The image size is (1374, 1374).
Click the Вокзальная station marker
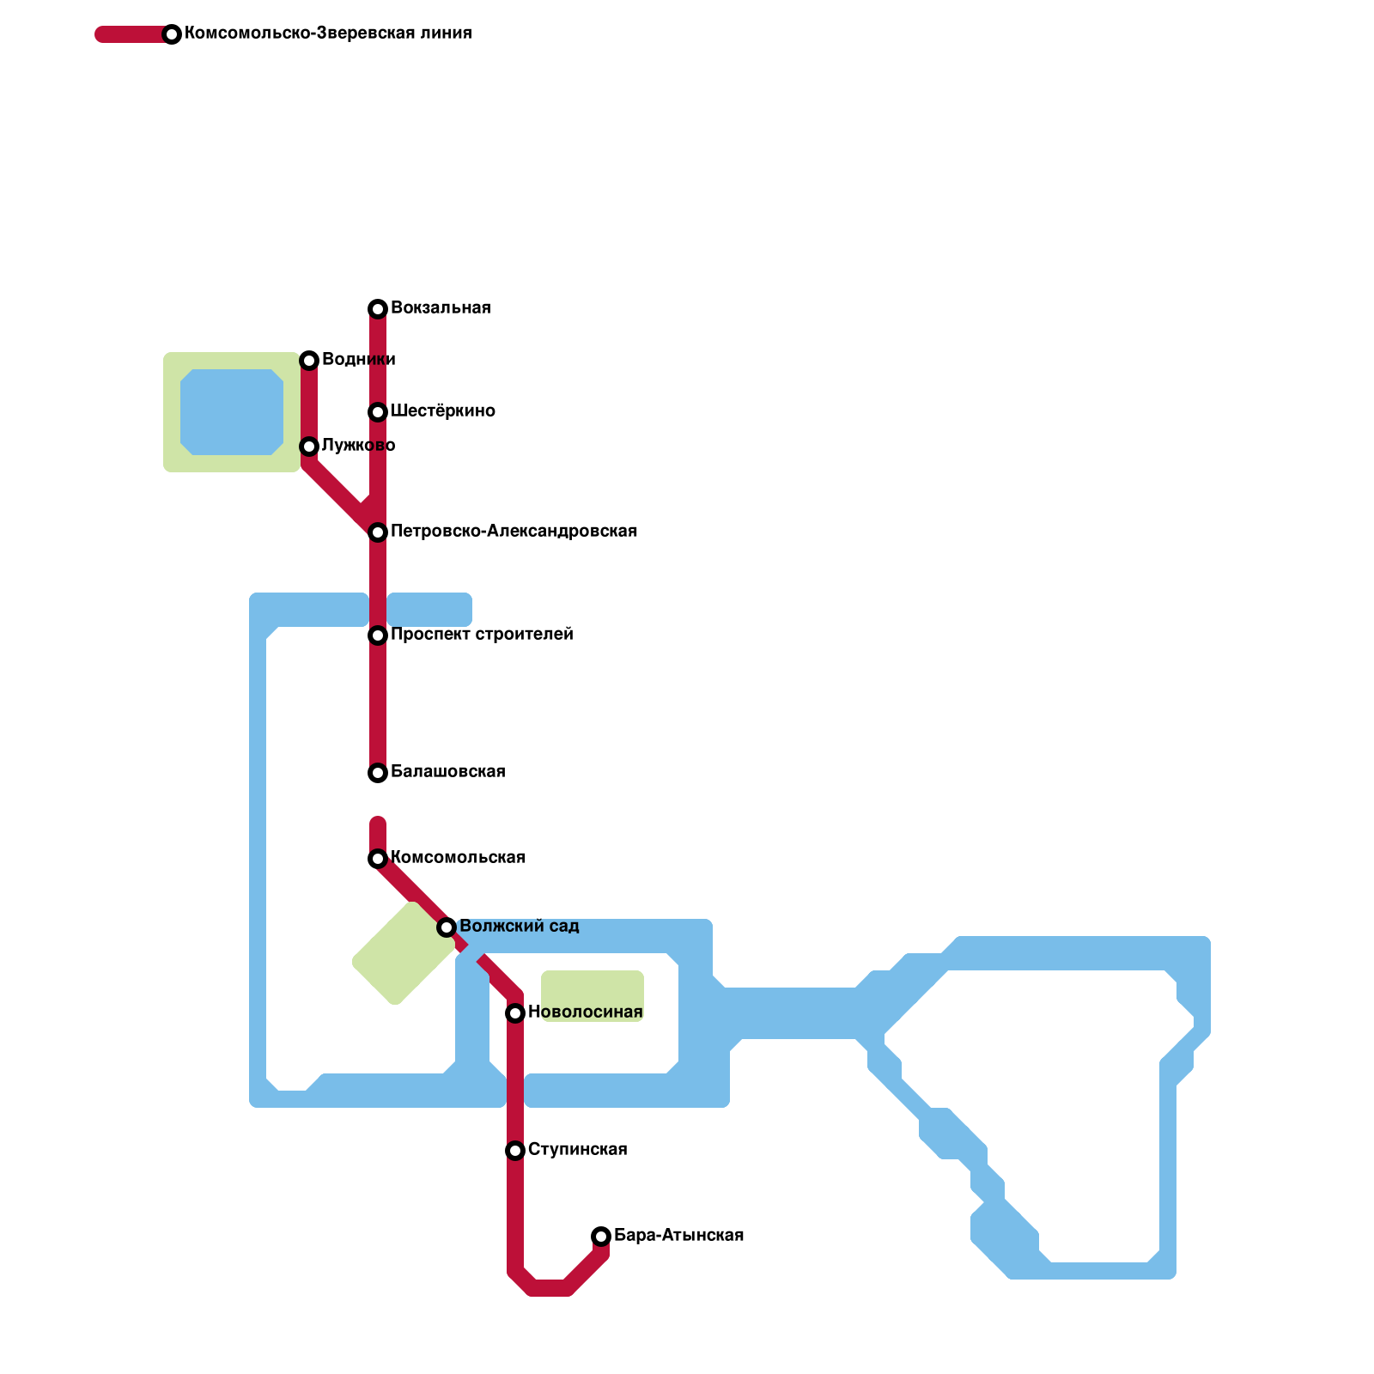(378, 309)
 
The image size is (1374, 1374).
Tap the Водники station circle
(309, 361)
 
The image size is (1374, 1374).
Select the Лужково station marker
(309, 447)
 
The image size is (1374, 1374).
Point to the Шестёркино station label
(442, 411)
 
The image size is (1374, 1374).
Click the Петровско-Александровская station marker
(378, 532)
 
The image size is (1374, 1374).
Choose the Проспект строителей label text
(482, 635)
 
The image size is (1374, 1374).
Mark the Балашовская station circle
(378, 773)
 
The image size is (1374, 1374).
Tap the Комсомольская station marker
(378, 859)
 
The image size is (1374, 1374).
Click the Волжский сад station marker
(447, 927)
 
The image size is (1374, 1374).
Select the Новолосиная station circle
(515, 1013)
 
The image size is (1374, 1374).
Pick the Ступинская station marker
(515, 1151)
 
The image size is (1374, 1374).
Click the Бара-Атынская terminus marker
(601, 1237)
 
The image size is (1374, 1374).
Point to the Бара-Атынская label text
(678, 1236)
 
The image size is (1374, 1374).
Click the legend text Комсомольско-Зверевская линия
(328, 33)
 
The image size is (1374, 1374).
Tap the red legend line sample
(133, 34)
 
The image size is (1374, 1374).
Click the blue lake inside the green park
(232, 412)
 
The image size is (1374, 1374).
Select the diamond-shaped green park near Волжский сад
(404, 953)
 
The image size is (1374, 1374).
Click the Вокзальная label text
(441, 308)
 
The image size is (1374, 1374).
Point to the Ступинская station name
(577, 1150)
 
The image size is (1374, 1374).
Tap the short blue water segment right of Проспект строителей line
(429, 610)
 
